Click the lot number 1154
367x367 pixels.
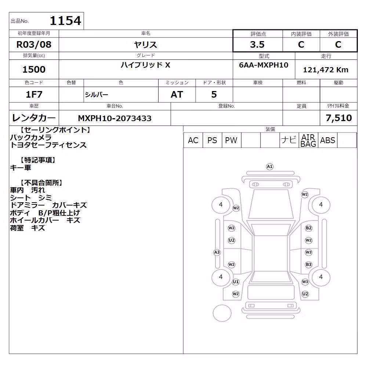tap(66, 21)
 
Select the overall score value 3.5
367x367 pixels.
tap(257, 44)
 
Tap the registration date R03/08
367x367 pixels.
tap(34, 44)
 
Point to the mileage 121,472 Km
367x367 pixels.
tap(326, 70)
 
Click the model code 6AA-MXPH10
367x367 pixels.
tap(264, 65)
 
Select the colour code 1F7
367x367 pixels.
tap(34, 94)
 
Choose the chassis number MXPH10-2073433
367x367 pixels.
tap(115, 118)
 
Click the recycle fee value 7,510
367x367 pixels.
tap(339, 118)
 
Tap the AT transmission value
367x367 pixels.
tap(177, 94)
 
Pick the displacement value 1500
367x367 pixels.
tap(34, 69)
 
